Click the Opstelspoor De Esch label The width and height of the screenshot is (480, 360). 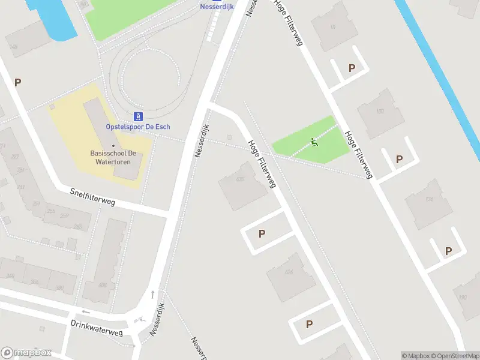pyautogui.click(x=138, y=127)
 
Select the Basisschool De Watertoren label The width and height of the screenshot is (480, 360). pyautogui.click(x=114, y=157)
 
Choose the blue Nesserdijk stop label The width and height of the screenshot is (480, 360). pyautogui.click(x=217, y=7)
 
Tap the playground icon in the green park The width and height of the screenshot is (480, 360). pyautogui.click(x=314, y=142)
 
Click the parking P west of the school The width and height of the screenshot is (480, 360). pyautogui.click(x=18, y=83)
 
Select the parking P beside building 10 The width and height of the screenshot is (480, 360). pyautogui.click(x=352, y=68)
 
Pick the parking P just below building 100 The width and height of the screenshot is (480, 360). pyautogui.click(x=399, y=159)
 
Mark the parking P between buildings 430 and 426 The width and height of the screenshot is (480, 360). pyautogui.click(x=262, y=234)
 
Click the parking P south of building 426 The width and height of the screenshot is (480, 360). pyautogui.click(x=310, y=324)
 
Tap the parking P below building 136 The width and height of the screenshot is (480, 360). pyautogui.click(x=448, y=251)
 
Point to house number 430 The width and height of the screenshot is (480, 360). pyautogui.click(x=241, y=179)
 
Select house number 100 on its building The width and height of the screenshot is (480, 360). pyautogui.click(x=379, y=111)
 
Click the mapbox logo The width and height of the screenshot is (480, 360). pyautogui.click(x=26, y=352)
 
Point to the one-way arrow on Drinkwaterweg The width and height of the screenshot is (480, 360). pyautogui.click(x=85, y=312)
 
